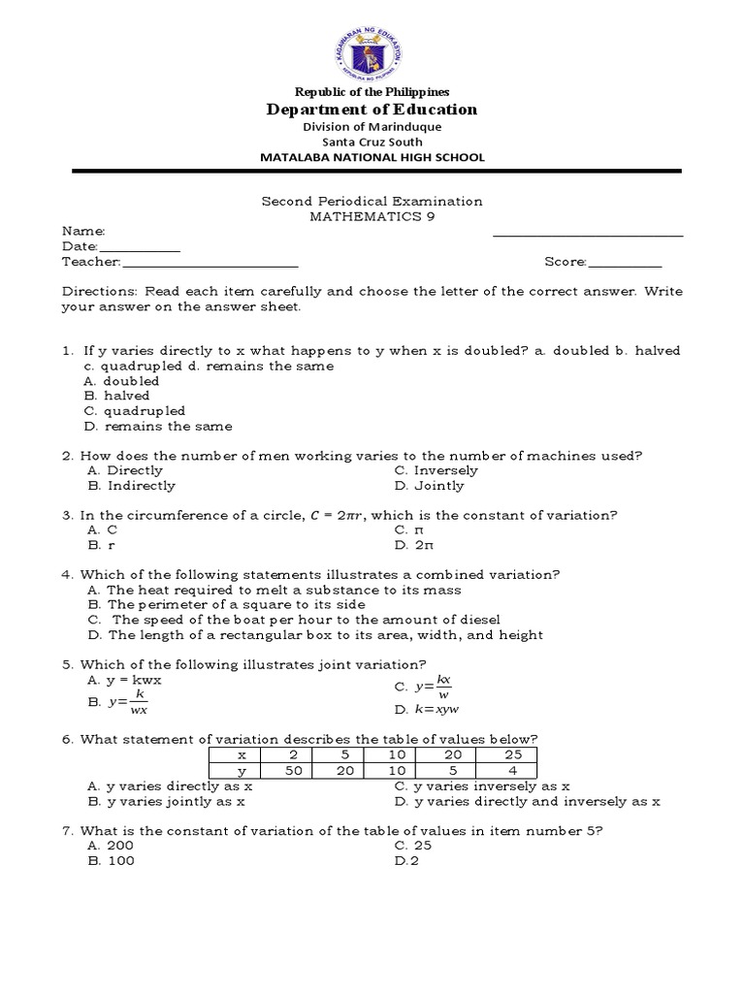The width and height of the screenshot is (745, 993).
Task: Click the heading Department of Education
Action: [372, 110]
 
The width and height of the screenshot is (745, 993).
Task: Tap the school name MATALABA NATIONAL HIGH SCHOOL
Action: [372, 157]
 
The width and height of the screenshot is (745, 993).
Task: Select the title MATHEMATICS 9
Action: [372, 216]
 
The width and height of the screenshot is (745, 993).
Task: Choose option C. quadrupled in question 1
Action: [135, 411]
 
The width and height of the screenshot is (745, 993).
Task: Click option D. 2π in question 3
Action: [412, 545]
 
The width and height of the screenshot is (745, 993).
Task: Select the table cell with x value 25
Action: [511, 754]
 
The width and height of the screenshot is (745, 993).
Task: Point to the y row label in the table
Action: [243, 771]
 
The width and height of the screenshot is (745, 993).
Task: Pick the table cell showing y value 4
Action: [511, 771]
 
